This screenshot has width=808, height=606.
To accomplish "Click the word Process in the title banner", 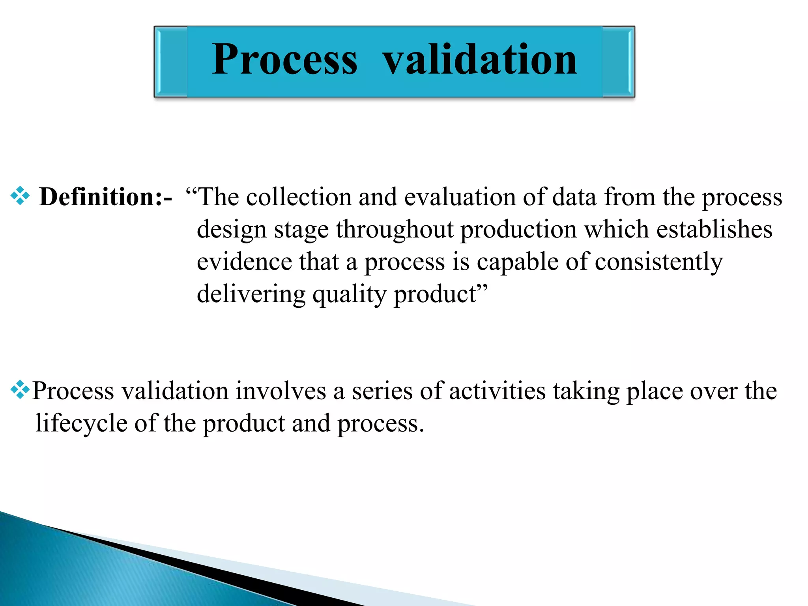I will (x=284, y=60).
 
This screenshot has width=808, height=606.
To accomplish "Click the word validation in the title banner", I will (x=480, y=60).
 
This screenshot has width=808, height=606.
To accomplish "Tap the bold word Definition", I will (x=98, y=196).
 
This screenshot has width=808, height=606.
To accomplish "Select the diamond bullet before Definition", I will (x=20, y=196).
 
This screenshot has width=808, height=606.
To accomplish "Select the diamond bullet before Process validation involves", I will (x=20, y=390).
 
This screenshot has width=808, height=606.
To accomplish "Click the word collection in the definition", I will (x=299, y=196).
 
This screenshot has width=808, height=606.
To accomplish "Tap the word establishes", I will (x=714, y=229).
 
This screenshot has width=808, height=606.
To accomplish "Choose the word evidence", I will (x=244, y=262).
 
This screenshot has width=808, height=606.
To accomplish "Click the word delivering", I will (x=251, y=294).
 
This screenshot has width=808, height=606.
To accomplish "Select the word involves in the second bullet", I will (x=281, y=391).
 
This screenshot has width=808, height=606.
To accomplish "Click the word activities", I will (x=497, y=391).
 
